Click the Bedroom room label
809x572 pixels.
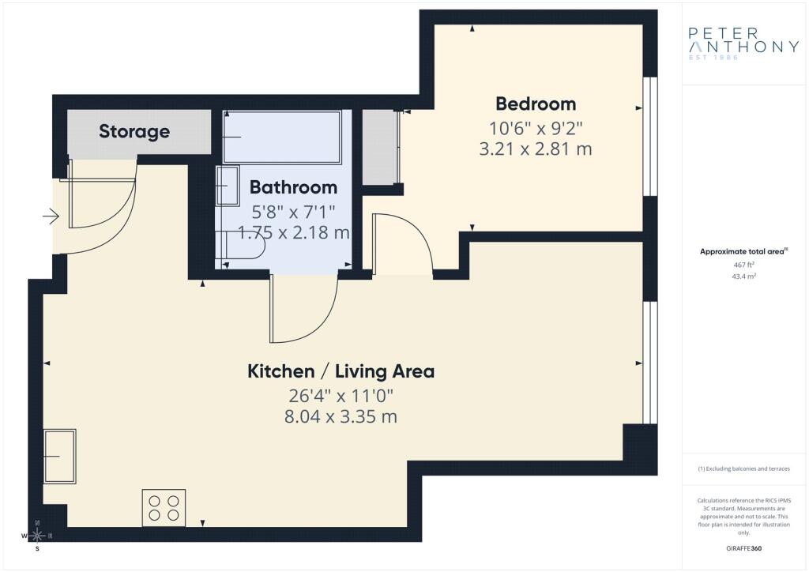click(536, 103)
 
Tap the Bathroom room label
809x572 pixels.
click(293, 186)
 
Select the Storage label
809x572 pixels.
click(134, 131)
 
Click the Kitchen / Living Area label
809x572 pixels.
click(341, 371)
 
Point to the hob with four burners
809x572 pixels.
click(164, 508)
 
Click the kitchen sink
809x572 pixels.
click(59, 457)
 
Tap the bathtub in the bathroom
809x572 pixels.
click(282, 137)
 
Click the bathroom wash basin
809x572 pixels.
click(228, 186)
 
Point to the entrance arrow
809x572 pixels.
click(51, 216)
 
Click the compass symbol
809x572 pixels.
click(36, 536)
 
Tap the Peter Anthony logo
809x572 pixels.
click(743, 43)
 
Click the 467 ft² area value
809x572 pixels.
click(743, 265)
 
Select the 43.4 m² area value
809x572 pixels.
click(743, 276)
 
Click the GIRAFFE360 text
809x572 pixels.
click(743, 548)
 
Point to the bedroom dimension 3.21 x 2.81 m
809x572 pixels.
click(536, 149)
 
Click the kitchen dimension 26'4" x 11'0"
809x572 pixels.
click(341, 396)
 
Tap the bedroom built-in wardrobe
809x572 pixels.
click(381, 147)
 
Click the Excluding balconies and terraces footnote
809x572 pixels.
click(743, 469)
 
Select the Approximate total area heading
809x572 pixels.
click(743, 252)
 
